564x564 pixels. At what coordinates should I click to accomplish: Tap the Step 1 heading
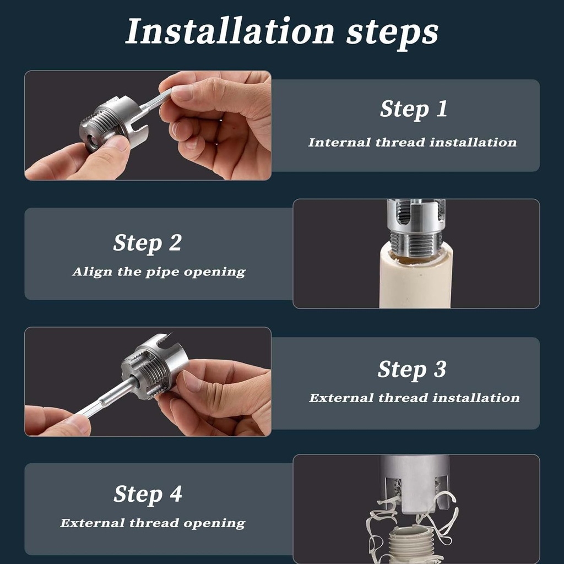pyautogui.click(x=414, y=109)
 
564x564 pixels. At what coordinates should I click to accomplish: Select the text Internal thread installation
pyautogui.click(x=413, y=143)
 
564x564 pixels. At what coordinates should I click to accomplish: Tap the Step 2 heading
pyautogui.click(x=147, y=243)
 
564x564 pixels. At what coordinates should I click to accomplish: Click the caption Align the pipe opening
pyautogui.click(x=159, y=272)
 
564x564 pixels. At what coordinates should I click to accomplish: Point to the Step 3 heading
pyautogui.click(x=412, y=370)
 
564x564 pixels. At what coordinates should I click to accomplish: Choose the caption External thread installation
pyautogui.click(x=414, y=398)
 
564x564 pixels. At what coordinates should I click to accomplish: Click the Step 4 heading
pyautogui.click(x=148, y=494)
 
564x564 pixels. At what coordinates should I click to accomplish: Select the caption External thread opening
pyautogui.click(x=152, y=523)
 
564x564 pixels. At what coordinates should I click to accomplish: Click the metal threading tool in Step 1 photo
pyautogui.click(x=113, y=123)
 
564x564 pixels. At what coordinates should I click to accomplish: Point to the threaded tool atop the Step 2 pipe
pyautogui.click(x=416, y=226)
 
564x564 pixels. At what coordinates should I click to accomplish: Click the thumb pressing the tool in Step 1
pyautogui.click(x=110, y=151)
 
